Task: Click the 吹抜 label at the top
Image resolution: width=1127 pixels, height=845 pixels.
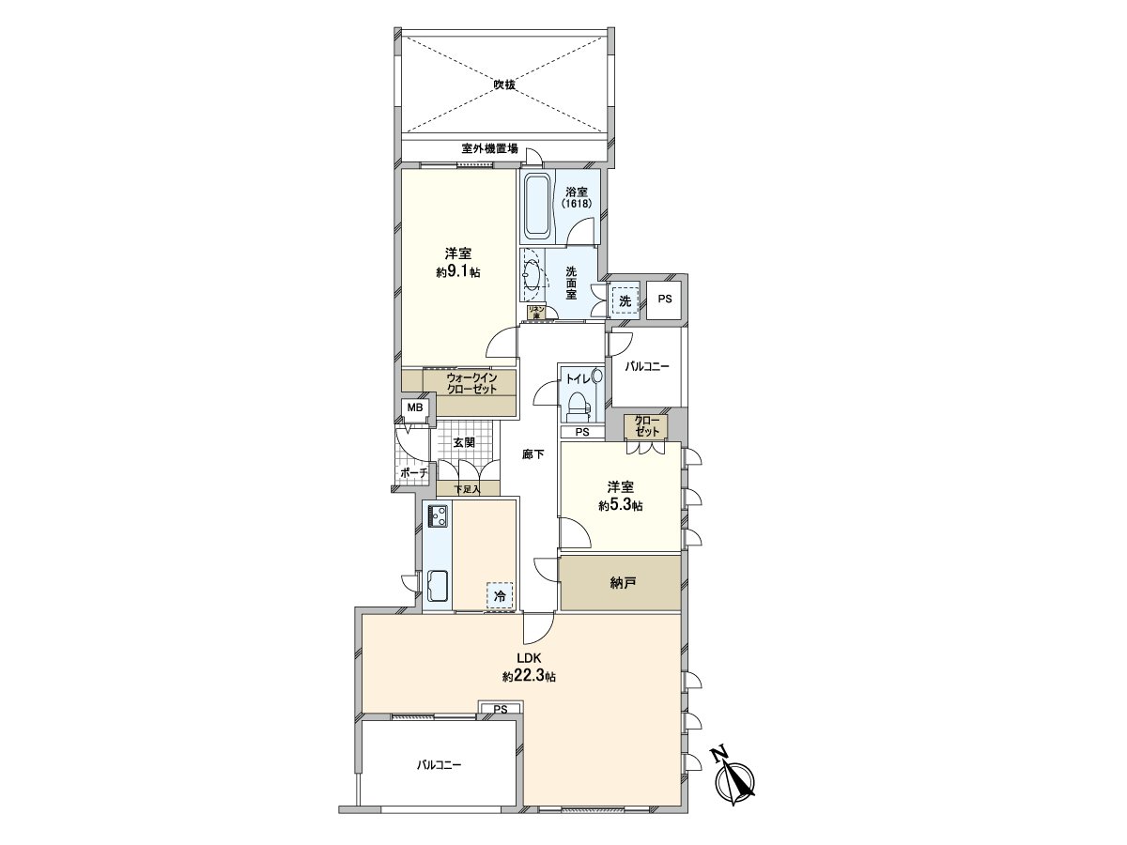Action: (505, 84)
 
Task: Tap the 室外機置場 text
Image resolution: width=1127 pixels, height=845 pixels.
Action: (489, 148)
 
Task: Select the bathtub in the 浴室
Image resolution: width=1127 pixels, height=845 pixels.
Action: (536, 206)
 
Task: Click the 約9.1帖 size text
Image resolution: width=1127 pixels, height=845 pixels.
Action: (458, 272)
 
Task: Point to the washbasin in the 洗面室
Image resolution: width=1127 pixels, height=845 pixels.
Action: (531, 276)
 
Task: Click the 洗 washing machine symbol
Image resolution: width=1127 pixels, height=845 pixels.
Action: (624, 300)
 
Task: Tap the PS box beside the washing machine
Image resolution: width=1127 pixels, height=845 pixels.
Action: (665, 300)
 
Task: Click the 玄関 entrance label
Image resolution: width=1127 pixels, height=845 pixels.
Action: (464, 442)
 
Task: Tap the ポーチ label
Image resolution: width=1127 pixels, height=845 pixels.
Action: (413, 473)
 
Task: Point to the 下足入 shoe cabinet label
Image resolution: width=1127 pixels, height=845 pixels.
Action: (467, 489)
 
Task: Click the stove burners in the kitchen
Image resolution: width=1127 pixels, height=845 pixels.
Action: (438, 515)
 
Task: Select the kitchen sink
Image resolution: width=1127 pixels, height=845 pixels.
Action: (438, 588)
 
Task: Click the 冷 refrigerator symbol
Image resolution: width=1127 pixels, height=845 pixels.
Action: (501, 595)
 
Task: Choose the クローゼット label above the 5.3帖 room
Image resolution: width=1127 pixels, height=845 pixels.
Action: (647, 425)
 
